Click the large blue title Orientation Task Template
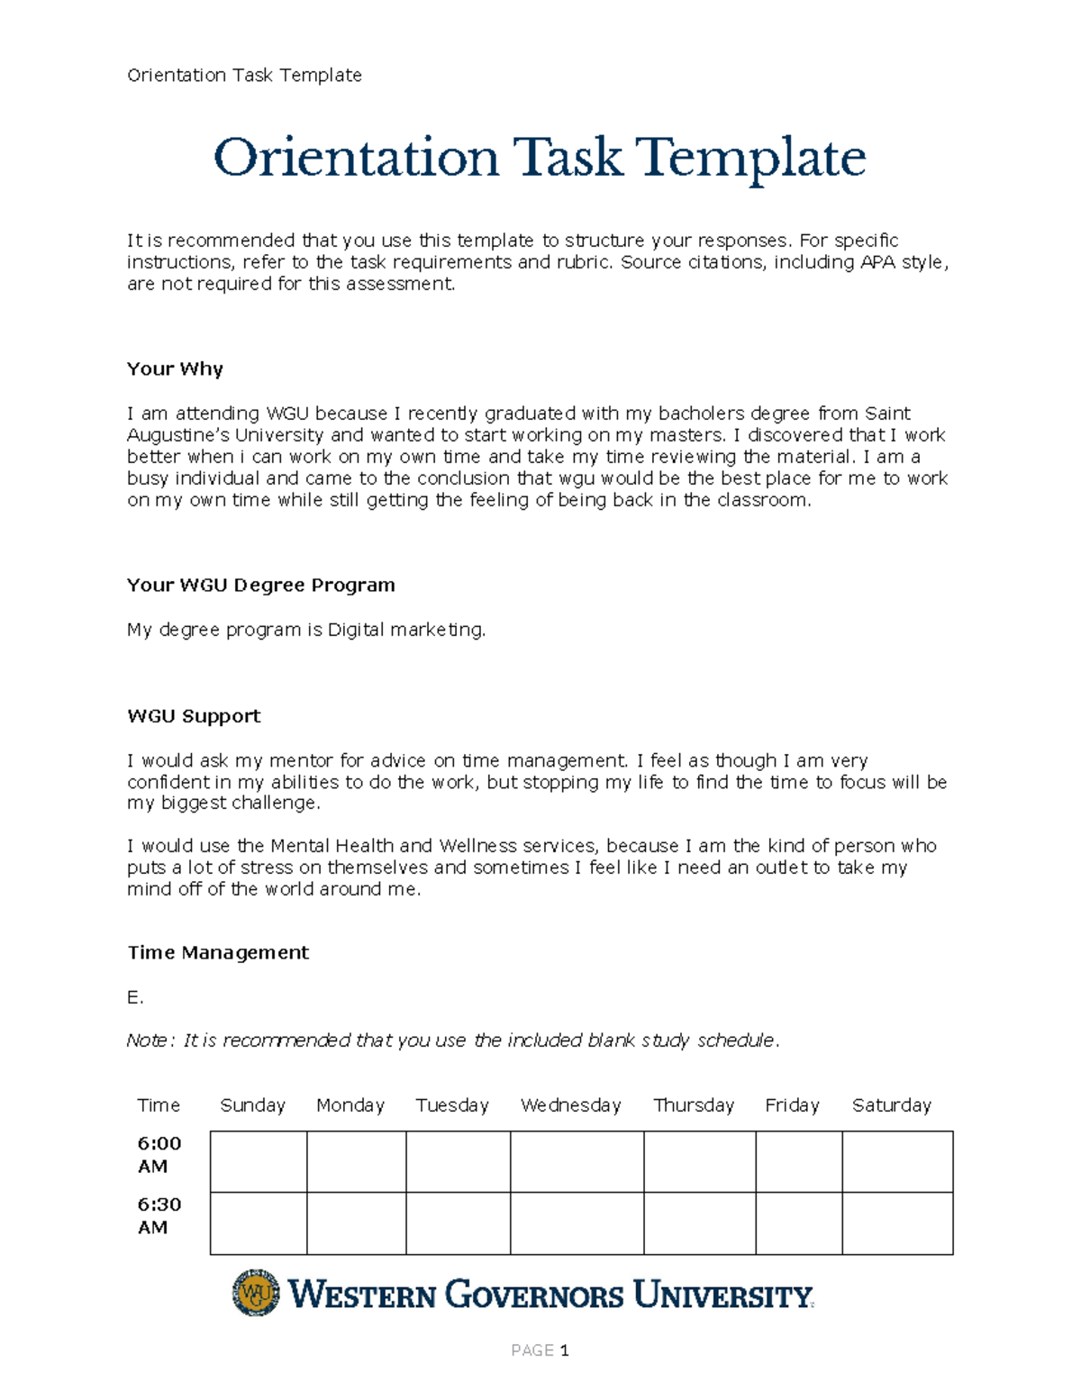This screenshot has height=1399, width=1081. (x=539, y=159)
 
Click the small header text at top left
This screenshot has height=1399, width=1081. (x=244, y=75)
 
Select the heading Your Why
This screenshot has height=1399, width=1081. (x=175, y=368)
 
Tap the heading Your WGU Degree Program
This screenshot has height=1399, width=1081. (x=260, y=585)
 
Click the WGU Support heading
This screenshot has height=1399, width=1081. (x=194, y=716)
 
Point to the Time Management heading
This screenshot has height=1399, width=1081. (x=218, y=952)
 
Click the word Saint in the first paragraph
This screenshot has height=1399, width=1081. (x=887, y=413)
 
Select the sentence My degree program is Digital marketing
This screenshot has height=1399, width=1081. (x=306, y=630)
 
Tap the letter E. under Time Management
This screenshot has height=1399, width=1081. (x=135, y=997)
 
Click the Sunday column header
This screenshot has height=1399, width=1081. (x=252, y=1105)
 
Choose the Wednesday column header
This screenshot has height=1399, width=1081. (x=570, y=1105)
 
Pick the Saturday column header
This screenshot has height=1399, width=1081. (x=891, y=1105)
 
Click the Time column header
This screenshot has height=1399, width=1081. (x=159, y=1105)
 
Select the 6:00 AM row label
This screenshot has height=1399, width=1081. (x=159, y=1154)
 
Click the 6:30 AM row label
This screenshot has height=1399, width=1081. (x=159, y=1215)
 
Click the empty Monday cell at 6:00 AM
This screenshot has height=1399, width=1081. (x=356, y=1162)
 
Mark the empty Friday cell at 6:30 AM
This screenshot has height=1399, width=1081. (x=798, y=1223)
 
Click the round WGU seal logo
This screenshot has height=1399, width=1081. (x=256, y=1294)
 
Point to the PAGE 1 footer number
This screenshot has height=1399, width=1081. (x=540, y=1350)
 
